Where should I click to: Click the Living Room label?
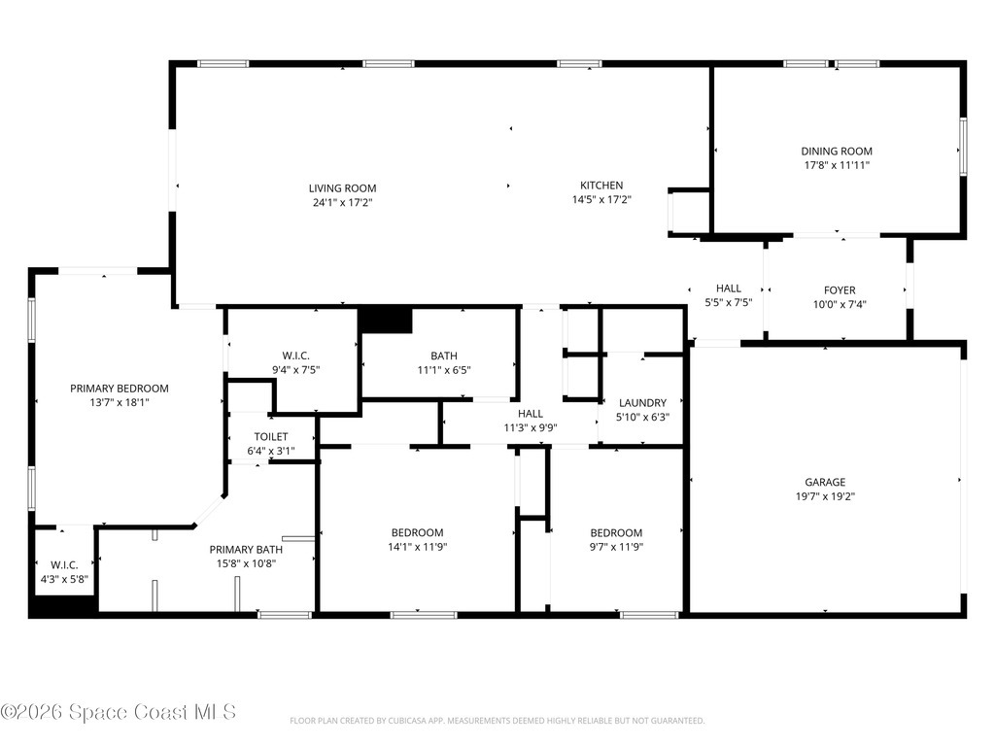click(342, 188)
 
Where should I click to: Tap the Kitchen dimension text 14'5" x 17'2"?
click(601, 200)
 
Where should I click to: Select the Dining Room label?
click(836, 152)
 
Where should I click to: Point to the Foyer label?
click(840, 290)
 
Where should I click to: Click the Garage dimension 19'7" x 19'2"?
click(824, 496)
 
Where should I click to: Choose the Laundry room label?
click(642, 403)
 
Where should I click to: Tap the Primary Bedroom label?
click(119, 389)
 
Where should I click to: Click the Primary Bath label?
click(246, 550)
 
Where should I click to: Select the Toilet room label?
click(271, 437)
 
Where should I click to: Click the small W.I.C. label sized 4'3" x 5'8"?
click(64, 565)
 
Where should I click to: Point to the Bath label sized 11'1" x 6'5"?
click(444, 356)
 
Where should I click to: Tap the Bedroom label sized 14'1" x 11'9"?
click(418, 532)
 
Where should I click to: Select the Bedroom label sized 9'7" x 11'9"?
click(616, 532)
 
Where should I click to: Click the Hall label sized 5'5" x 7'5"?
click(728, 288)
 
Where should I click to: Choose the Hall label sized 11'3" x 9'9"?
click(530, 414)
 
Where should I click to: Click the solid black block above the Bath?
click(386, 320)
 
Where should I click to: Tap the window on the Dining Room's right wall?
click(963, 148)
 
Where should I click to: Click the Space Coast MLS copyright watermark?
click(119, 712)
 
